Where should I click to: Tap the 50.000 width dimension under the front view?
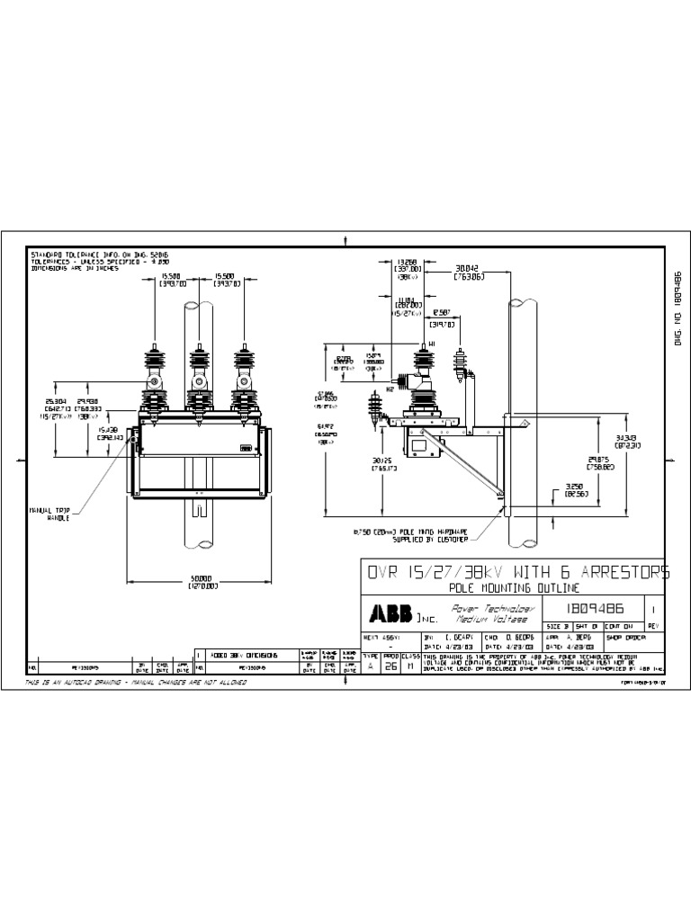point(203,580)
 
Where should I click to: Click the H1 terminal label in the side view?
point(433,344)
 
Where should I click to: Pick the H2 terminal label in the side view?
point(390,388)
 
